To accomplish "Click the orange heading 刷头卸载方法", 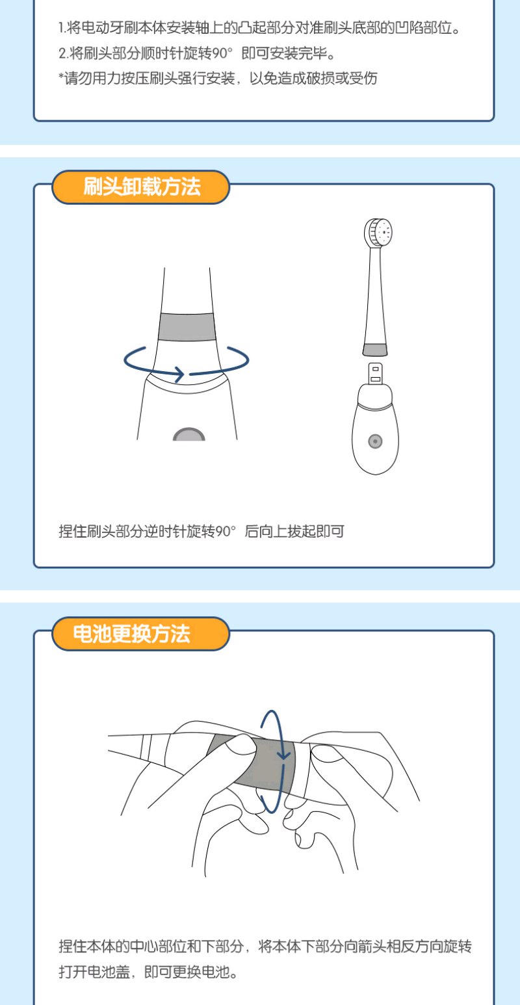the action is coord(142,187).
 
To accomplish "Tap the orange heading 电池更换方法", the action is coord(131,634).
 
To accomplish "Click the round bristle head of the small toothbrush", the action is coord(378,232).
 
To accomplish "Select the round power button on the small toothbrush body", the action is coord(375,441).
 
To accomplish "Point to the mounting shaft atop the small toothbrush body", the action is coord(376,374).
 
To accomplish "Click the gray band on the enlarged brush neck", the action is coord(187,326).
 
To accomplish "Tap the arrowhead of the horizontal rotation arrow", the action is coord(179,374).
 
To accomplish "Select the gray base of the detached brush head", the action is coord(375,350).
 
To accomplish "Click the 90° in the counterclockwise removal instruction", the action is coord(226,530).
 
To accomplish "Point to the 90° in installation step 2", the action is coord(222,53).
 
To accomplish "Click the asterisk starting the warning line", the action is coord(61,75).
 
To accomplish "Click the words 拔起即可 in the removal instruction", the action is coord(316,531).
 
